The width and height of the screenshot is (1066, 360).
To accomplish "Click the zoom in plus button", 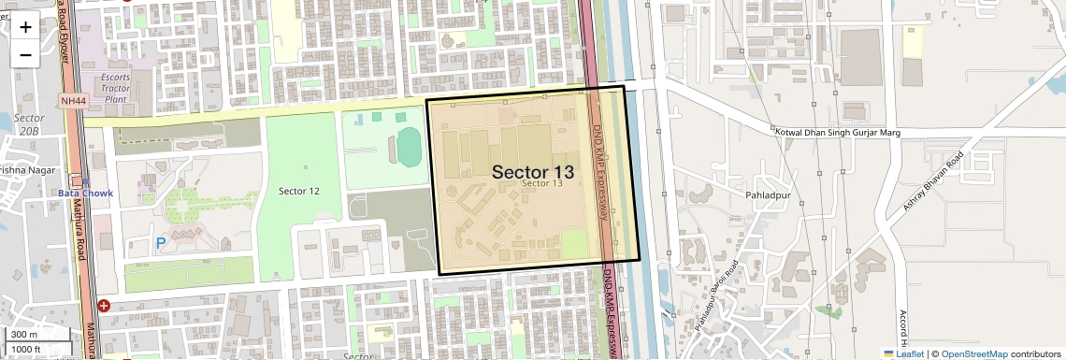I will (x=25, y=27).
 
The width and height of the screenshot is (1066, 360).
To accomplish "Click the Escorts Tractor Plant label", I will (x=116, y=86).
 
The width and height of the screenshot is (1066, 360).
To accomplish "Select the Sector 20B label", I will (x=30, y=124).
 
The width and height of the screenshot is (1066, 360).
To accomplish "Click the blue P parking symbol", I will (x=160, y=243).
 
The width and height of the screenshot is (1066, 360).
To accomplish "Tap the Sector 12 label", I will (x=298, y=191).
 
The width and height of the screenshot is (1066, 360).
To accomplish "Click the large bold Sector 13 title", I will (x=532, y=172).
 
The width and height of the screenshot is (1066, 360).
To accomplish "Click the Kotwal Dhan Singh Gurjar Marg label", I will (x=837, y=133).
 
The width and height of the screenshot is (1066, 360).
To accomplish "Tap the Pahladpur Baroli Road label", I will (x=717, y=295).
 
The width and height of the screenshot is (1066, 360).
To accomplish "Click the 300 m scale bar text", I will (x=25, y=335).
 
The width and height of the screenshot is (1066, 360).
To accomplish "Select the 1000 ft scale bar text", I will (x=27, y=349).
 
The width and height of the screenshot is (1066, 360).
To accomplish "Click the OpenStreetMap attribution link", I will (x=973, y=353).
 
